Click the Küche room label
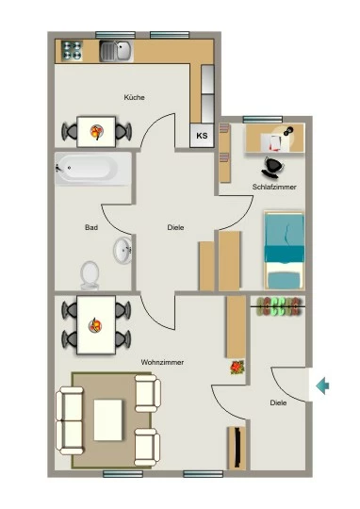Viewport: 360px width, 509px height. point(134,97)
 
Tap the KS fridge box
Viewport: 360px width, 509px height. point(202,136)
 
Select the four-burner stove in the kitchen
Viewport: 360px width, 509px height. point(72,51)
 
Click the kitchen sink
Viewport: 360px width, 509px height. point(116,51)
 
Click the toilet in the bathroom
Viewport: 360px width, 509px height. point(90,275)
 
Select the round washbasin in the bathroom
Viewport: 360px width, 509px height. point(123,251)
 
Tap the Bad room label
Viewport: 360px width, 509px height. point(91,227)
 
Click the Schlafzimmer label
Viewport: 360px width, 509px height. point(274,187)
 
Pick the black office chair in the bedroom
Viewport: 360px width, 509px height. point(272,168)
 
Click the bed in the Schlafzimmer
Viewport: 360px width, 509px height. point(285,251)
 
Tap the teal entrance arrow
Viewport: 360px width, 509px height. point(322,386)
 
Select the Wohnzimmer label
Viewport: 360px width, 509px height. point(162,362)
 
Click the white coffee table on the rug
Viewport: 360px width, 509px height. point(108,420)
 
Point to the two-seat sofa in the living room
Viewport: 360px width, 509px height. point(70,420)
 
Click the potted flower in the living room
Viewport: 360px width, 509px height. point(237,368)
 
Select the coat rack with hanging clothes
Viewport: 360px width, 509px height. point(279,306)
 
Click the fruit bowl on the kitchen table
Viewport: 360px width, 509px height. point(96,131)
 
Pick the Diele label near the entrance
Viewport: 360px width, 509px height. point(278,402)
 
